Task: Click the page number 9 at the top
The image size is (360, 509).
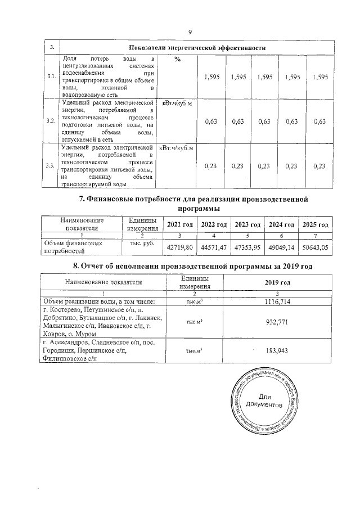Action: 190,31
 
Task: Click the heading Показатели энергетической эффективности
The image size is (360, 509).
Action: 197,48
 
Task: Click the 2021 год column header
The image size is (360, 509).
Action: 180,224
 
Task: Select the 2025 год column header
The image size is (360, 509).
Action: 315,224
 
